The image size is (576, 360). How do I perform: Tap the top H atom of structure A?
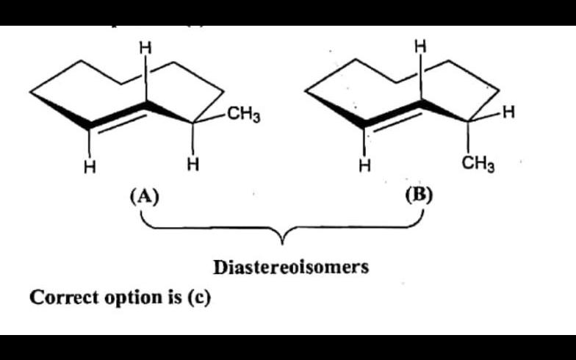145,47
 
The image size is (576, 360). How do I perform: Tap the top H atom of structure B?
420,46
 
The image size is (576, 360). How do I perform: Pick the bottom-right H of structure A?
192,162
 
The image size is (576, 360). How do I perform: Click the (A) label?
143,195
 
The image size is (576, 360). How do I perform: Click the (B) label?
419,195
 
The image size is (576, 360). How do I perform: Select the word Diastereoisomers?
291,267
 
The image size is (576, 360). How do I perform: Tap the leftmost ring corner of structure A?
31,93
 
